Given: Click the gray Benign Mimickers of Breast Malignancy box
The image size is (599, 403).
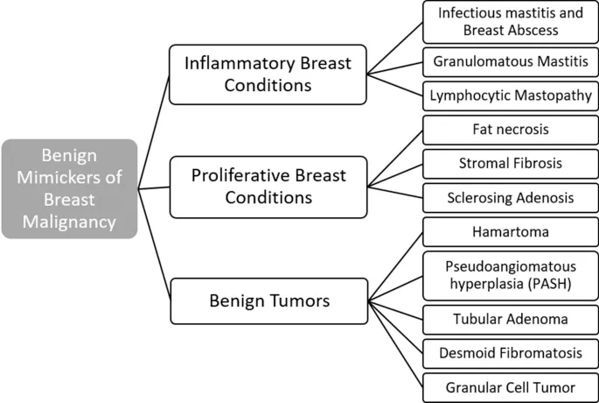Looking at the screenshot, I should pyautogui.click(x=69, y=188).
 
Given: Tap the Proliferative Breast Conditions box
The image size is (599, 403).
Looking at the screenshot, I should pyautogui.click(x=268, y=186).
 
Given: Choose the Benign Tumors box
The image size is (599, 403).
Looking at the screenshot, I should pyautogui.click(x=268, y=300).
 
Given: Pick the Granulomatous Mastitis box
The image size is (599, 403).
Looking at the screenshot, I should pyautogui.click(x=510, y=63).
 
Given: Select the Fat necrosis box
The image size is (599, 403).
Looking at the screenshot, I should pyautogui.click(x=510, y=130).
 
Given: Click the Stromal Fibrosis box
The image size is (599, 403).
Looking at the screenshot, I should pyautogui.click(x=510, y=163).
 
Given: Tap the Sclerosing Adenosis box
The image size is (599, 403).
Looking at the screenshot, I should pyautogui.click(x=510, y=198).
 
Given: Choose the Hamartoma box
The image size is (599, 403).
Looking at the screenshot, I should pyautogui.click(x=510, y=232).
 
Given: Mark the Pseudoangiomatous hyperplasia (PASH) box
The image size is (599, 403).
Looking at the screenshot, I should pyautogui.click(x=510, y=274).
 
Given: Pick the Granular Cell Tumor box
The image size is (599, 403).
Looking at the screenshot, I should pyautogui.click(x=510, y=385).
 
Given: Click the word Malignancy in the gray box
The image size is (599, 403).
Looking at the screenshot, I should pyautogui.click(x=69, y=222).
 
